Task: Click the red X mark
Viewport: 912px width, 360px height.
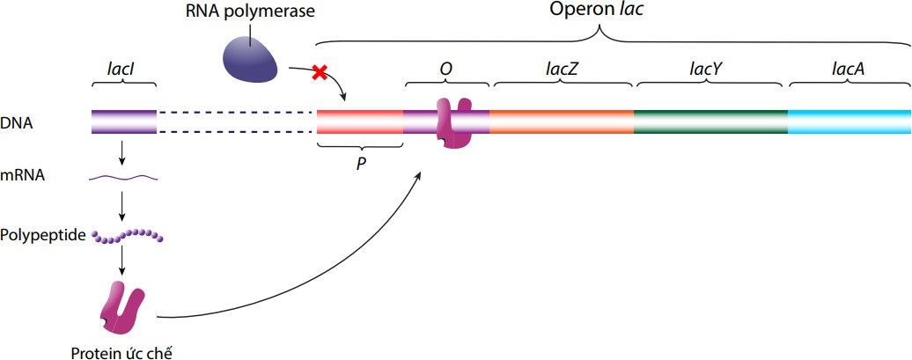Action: tap(320, 73)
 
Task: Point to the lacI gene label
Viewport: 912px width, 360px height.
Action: tap(123, 65)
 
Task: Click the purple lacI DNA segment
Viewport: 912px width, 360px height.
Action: tap(124, 121)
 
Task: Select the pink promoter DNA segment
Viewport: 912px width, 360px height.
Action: tap(359, 121)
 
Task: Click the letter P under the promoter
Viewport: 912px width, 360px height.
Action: tap(360, 164)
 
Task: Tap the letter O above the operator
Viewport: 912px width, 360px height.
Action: tap(446, 67)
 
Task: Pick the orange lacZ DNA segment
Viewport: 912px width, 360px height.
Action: tap(561, 121)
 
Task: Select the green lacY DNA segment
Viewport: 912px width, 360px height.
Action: tap(710, 121)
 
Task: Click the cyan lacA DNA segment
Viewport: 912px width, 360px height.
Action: tap(849, 121)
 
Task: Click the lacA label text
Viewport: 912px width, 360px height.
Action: tap(849, 67)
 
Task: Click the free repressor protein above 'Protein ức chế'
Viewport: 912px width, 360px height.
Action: tap(123, 306)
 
